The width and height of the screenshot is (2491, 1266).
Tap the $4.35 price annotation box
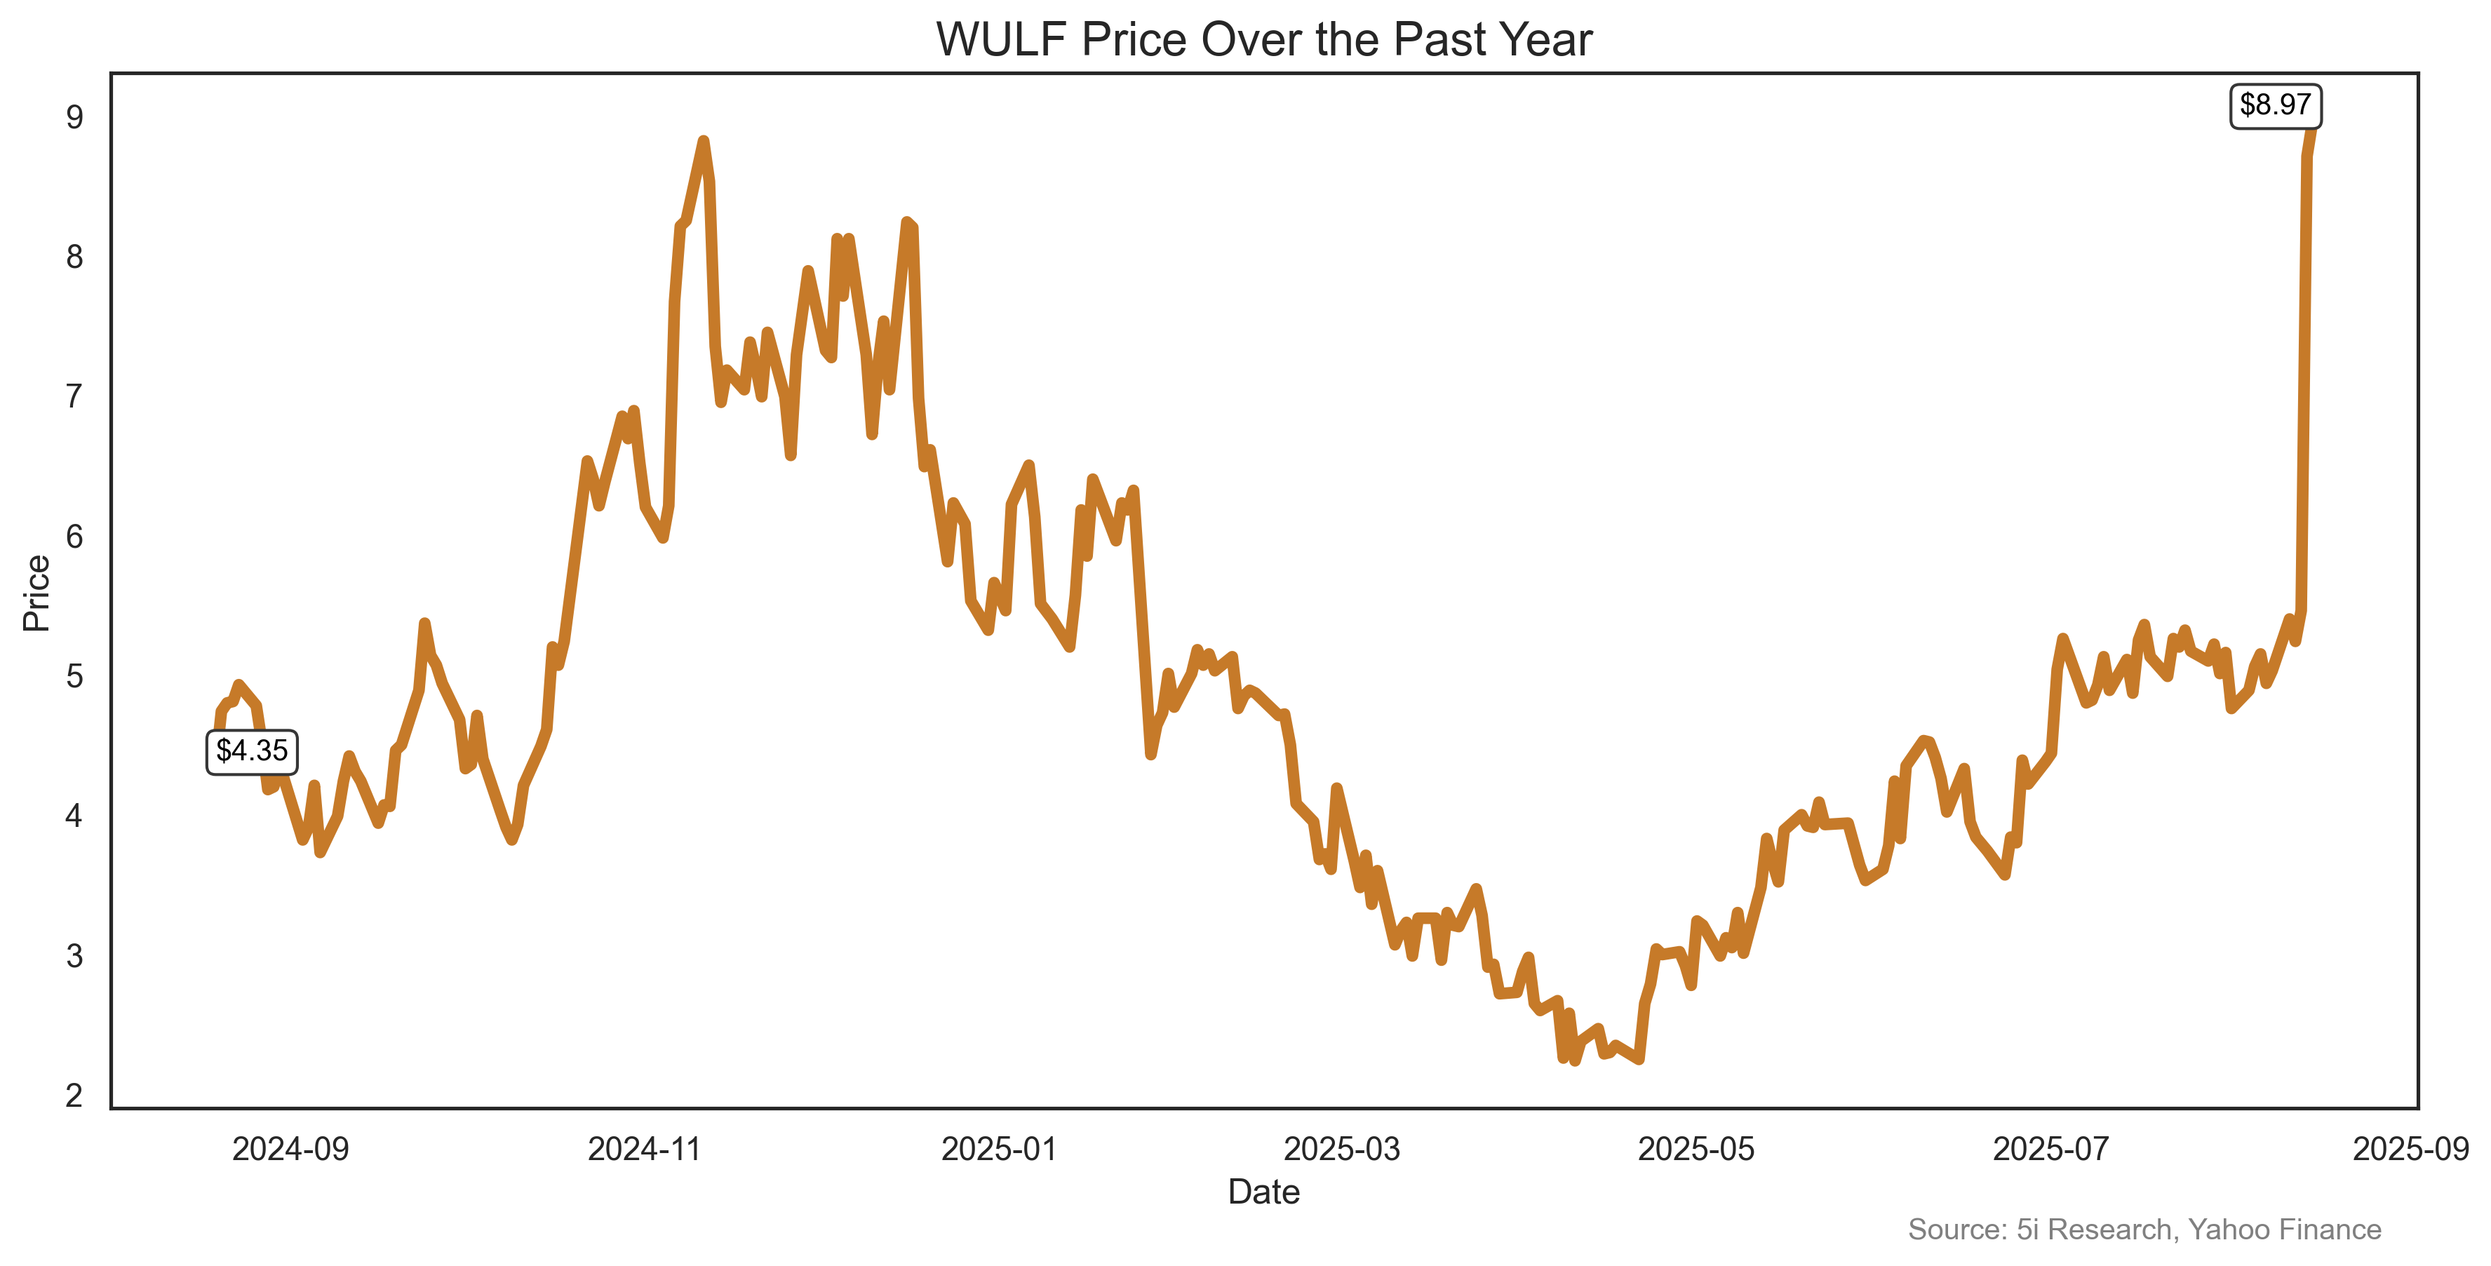(251, 751)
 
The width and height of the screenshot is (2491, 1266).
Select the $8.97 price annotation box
(2274, 105)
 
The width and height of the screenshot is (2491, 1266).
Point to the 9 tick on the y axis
(74, 117)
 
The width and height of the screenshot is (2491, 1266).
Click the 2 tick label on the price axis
(74, 1096)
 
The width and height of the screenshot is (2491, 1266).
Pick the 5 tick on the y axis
(74, 676)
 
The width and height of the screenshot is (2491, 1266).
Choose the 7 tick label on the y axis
(74, 396)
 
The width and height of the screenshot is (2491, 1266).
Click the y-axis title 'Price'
(36, 593)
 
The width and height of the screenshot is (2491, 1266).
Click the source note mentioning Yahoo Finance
(2144, 1230)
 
